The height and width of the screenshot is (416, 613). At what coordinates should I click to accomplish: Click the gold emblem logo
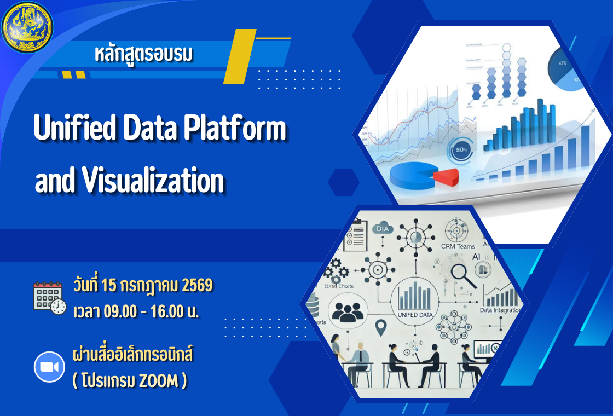pos(26,26)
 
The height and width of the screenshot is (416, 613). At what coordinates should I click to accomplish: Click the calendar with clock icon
pos(49,298)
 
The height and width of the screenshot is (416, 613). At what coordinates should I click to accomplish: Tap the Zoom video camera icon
pos(49,366)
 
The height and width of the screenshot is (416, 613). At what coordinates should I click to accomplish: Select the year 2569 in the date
pos(197,286)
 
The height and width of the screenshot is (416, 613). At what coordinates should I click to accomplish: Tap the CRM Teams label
pos(458,246)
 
